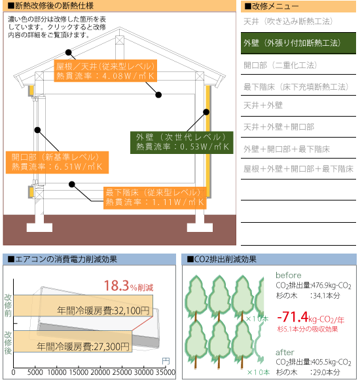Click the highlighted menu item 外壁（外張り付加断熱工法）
pyautogui.click(x=298, y=43)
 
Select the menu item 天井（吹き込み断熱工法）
pyautogui.click(x=288, y=22)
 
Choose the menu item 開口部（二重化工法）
pyautogui.click(x=280, y=66)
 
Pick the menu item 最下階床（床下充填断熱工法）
pyautogui.click(x=296, y=86)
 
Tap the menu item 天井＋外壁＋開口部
pyautogui.click(x=279, y=126)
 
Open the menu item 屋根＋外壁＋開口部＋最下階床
pyautogui.click(x=298, y=168)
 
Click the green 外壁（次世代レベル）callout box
pyautogui.click(x=182, y=143)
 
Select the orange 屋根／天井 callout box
pyautogui.click(x=105, y=71)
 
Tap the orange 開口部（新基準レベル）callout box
pyautogui.click(x=57, y=162)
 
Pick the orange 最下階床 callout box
pyautogui.click(x=155, y=198)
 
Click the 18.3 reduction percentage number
pyautogui.click(x=117, y=286)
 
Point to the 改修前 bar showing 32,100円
pyautogui.click(x=83, y=305)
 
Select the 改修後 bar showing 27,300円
pyautogui.click(x=73, y=341)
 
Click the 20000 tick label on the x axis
pyautogui.click(x=100, y=372)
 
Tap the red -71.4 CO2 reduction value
pyautogui.click(x=293, y=316)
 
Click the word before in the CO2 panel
pyautogui.click(x=289, y=275)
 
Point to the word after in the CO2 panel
pyautogui.click(x=285, y=352)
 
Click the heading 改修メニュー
pyautogui.click(x=272, y=6)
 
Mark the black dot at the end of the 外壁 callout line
pyautogui.click(x=206, y=112)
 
